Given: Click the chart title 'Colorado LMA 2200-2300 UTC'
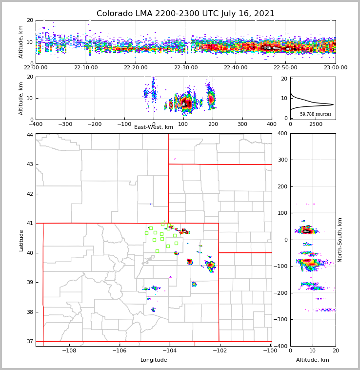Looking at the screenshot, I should point(185,14).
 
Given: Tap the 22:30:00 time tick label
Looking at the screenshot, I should point(185,68).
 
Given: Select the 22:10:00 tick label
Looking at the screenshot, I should point(85,68).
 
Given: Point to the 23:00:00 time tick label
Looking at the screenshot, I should point(335,68).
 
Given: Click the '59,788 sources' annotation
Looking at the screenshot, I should point(316,114).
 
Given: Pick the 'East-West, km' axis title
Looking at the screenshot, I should point(154,127).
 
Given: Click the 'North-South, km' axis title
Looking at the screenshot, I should point(340,240).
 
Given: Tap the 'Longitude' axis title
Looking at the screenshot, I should point(154,360).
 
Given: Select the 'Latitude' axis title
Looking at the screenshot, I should point(21,240).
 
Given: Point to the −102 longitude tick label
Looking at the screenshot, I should point(219,350).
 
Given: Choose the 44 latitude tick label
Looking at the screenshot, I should point(30,135).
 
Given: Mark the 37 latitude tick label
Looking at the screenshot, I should point(30,341).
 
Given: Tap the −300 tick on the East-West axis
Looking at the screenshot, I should point(65,124).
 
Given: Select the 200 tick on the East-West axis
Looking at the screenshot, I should point(213,124).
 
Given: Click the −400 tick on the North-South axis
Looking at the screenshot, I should point(281,346).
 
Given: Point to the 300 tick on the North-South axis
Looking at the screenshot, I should point(282,160).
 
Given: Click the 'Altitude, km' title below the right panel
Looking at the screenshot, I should point(313,360).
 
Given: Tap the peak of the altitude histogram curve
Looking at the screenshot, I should point(333,104).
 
